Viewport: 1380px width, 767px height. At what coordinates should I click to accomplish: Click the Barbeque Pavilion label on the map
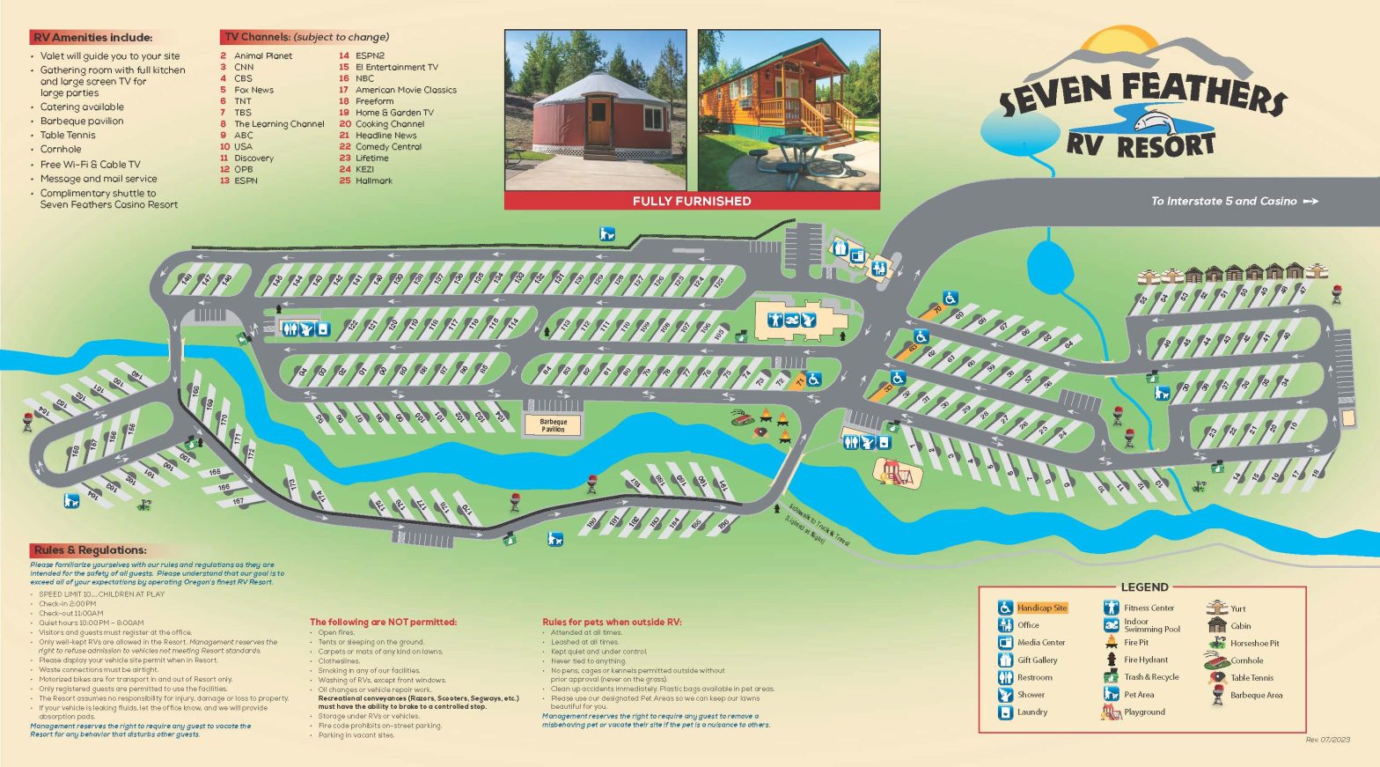[554, 425]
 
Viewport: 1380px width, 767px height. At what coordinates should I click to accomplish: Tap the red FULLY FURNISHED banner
[692, 201]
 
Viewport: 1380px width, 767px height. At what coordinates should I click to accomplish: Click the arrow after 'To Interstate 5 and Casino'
[1310, 202]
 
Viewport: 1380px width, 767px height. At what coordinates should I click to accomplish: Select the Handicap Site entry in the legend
[1041, 608]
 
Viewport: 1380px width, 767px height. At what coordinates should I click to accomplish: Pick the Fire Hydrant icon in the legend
[1111, 660]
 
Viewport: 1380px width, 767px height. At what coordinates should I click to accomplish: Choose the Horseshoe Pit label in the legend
[1255, 644]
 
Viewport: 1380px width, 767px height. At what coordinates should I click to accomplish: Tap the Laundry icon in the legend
[1005, 712]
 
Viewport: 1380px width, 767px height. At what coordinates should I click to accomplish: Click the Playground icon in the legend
[1111, 712]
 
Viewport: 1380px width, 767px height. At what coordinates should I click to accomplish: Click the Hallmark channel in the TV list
[373, 181]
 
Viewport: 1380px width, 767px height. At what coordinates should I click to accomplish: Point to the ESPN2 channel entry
[369, 55]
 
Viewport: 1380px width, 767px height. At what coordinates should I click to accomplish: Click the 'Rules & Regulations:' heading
[90, 550]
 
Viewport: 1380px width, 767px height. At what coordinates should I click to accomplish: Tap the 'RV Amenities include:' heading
[92, 38]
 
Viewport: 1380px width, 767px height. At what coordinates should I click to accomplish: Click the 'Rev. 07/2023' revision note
[1327, 740]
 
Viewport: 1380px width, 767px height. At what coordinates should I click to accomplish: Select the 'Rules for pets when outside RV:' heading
[612, 623]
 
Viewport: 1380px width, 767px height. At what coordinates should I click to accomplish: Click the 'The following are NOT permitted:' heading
[383, 623]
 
